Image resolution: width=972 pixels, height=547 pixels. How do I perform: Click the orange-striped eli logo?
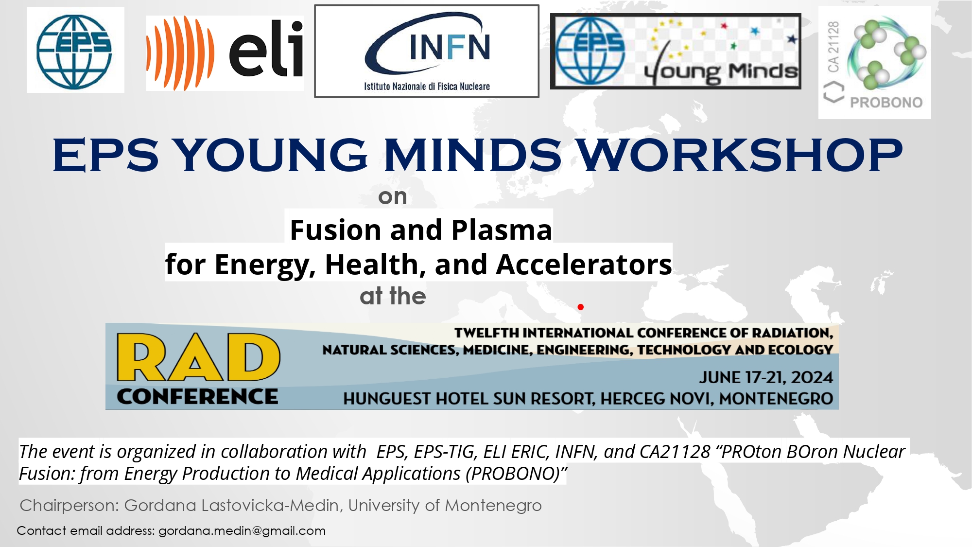225,53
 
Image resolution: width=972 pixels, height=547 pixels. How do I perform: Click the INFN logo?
427,51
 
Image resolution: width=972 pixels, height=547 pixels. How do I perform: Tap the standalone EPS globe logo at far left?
75,51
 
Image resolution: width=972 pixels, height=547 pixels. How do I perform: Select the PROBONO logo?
875,62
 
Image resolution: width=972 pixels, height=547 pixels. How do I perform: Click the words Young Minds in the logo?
721,72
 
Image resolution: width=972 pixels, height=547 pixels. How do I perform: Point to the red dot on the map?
580,307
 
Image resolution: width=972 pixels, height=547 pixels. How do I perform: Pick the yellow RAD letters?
198,357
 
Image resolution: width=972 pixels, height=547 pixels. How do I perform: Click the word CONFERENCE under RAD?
197,396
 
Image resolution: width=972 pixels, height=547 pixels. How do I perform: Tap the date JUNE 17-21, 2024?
766,377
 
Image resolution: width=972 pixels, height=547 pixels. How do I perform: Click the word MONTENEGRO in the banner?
776,399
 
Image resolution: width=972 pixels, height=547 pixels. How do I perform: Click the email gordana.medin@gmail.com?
242,531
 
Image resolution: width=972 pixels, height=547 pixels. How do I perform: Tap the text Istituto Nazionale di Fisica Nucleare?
427,87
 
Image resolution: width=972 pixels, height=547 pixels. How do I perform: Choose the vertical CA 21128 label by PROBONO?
833,47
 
